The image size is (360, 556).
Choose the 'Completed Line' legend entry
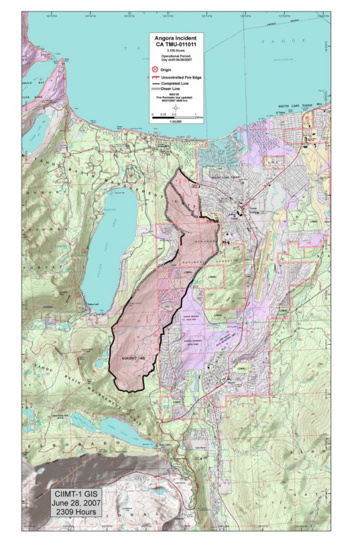[x=178, y=83]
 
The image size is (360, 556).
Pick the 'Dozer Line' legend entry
[x=175, y=89]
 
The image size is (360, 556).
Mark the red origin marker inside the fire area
[x=137, y=361]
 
